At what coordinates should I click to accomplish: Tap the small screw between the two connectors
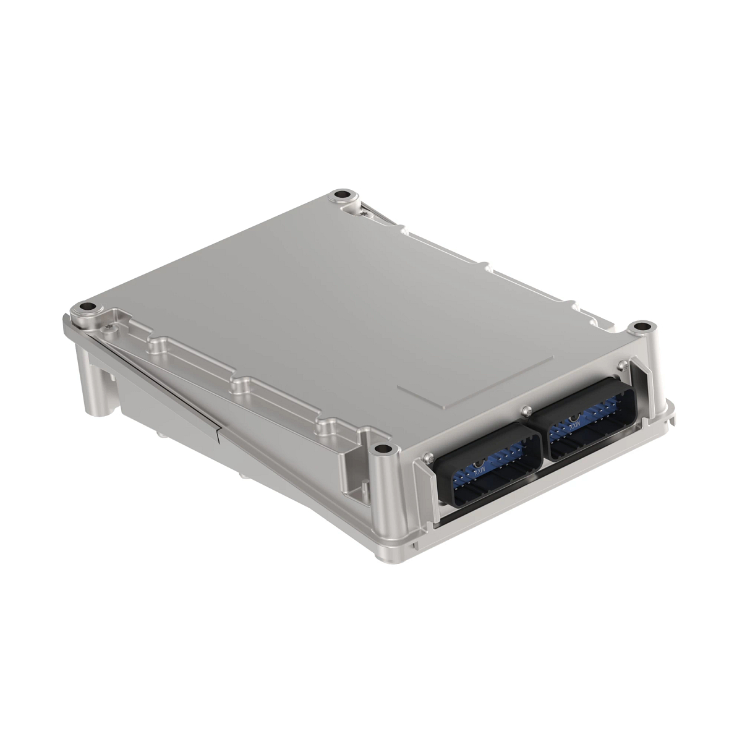click(526, 409)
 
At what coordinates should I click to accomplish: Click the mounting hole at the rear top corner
click(341, 197)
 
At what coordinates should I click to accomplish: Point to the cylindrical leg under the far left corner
click(93, 383)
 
